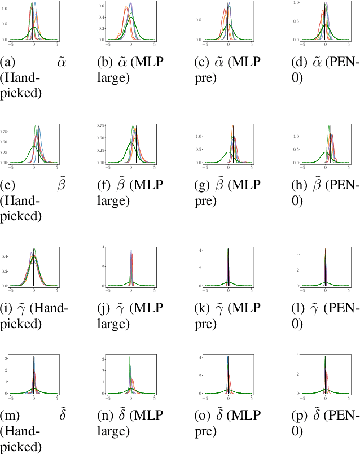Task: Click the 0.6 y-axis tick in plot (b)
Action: pyautogui.click(x=102, y=6)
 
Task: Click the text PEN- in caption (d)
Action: pyautogui.click(x=345, y=63)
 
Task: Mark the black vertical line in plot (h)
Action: pyautogui.click(x=330, y=148)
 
